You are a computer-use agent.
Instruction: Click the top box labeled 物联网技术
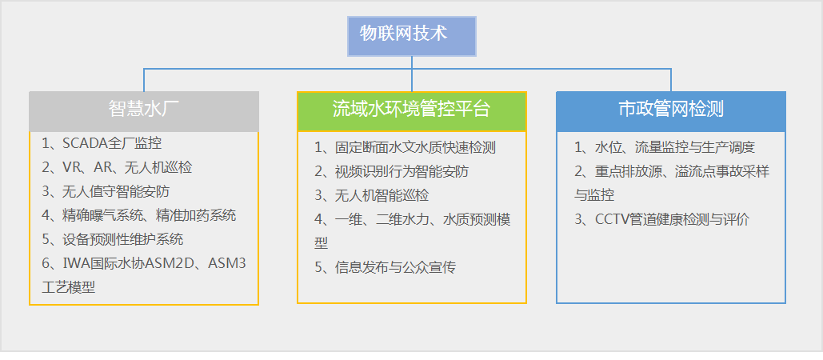tap(412, 36)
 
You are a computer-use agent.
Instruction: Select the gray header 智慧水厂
tap(144, 110)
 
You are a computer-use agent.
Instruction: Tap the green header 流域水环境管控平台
tap(412, 110)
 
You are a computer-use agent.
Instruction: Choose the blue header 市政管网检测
tap(671, 110)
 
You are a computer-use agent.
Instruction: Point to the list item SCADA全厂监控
tap(102, 144)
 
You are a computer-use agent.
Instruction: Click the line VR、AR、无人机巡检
tap(117, 168)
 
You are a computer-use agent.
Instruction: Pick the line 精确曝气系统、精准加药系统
tap(139, 215)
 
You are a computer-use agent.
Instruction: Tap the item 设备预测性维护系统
tap(113, 239)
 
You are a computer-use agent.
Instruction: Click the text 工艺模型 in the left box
tap(68, 287)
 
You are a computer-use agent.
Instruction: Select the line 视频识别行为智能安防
tap(391, 172)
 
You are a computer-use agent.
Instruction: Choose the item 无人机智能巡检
tap(371, 196)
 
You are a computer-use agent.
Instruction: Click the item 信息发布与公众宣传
tap(385, 267)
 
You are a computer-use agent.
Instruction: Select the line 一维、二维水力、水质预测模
tap(412, 220)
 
